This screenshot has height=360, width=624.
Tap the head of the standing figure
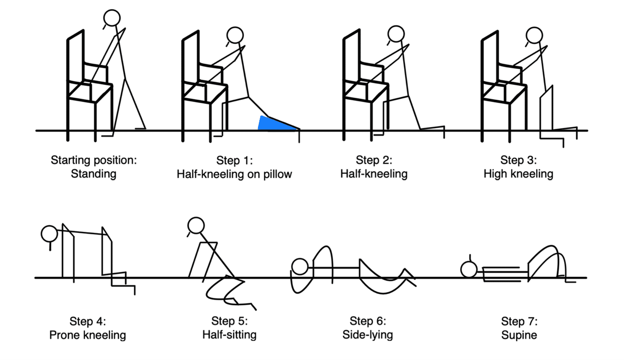pos(112,18)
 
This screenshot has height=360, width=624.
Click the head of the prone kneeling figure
pos(49,234)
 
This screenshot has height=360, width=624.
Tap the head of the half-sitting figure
pos(196,226)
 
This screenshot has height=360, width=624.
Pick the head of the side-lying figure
pos(299,267)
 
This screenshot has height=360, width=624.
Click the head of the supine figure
pos(469,269)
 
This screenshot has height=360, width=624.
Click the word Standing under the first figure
pos(94,174)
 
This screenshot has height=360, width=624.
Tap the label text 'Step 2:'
pos(374,160)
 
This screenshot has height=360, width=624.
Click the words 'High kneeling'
pos(518,174)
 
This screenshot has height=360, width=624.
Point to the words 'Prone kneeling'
pos(87,335)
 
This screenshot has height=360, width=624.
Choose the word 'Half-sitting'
pos(229,335)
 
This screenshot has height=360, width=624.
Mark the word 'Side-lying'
pos(367,335)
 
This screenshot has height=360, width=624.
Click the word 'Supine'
pos(519,335)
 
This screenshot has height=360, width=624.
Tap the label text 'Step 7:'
pos(519,321)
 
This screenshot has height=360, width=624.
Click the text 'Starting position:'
pos(93,160)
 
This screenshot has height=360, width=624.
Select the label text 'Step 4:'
pos(87,321)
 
